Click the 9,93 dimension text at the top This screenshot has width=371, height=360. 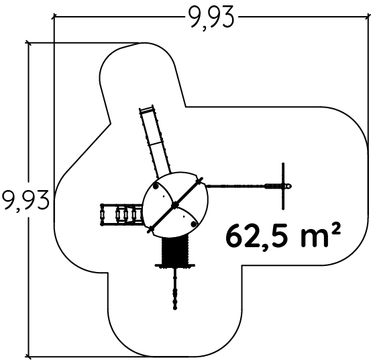211,17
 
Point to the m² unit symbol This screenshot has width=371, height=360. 321,234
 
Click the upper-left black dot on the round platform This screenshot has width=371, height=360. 156,187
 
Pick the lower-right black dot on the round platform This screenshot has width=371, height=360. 194,224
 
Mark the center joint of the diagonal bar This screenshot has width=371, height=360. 175,205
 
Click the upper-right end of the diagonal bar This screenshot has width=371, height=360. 201,179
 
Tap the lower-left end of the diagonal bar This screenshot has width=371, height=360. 150,230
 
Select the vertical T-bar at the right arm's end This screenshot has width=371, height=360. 283,186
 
